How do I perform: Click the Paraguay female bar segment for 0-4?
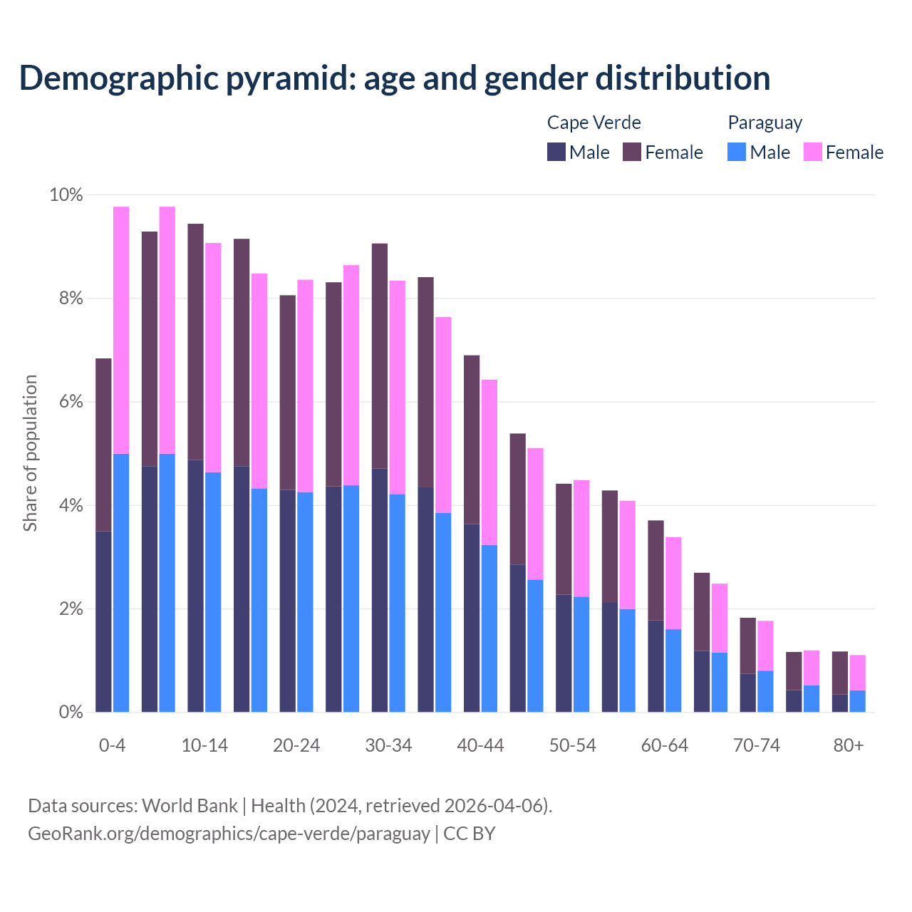(x=121, y=330)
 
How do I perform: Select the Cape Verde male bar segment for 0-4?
(x=103, y=621)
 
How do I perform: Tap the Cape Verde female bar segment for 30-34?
(x=380, y=356)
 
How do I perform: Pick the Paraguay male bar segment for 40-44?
(x=489, y=628)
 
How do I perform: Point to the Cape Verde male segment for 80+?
(x=840, y=703)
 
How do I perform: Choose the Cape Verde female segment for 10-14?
(x=195, y=342)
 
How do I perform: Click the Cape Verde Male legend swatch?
(x=556, y=152)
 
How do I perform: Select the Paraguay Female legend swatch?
(x=813, y=152)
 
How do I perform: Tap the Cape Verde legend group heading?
(x=594, y=123)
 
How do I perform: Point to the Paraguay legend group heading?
(x=765, y=123)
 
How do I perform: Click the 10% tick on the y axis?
(x=66, y=195)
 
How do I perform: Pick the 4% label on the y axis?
(x=71, y=506)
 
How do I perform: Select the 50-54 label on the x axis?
(x=572, y=745)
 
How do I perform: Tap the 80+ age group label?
(x=849, y=745)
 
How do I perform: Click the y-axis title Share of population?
(x=30, y=453)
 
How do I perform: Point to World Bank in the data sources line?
(x=190, y=806)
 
